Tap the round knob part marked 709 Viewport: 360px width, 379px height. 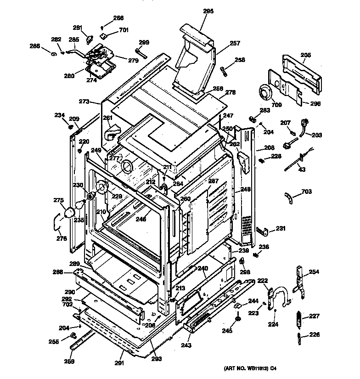265,94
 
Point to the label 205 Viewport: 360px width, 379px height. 306,55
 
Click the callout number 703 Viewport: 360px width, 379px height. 306,191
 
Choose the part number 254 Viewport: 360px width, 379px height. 314,272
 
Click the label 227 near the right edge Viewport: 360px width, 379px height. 314,316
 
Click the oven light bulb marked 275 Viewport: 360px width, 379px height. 71,212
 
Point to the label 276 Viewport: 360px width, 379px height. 61,238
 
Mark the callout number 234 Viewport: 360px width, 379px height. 60,115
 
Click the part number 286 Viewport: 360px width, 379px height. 35,46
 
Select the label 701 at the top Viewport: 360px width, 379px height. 124,30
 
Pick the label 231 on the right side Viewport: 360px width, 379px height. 281,228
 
